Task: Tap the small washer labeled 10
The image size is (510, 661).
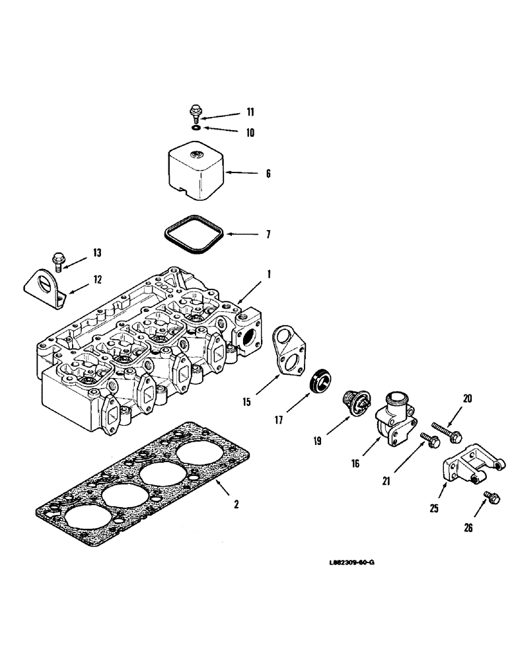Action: pyautogui.click(x=197, y=127)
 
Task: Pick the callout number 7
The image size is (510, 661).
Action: pyautogui.click(x=268, y=234)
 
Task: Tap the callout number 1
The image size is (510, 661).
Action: pyautogui.click(x=269, y=272)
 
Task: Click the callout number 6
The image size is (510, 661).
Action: pyautogui.click(x=268, y=175)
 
